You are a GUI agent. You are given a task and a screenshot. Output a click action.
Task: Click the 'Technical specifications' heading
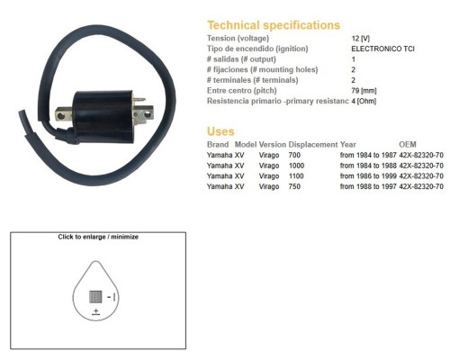click(x=274, y=25)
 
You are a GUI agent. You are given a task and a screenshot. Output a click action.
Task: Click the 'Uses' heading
click(x=220, y=131)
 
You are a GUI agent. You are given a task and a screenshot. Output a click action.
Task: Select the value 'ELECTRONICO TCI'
click(x=382, y=49)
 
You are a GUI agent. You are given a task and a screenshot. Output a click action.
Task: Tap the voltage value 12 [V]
click(x=361, y=39)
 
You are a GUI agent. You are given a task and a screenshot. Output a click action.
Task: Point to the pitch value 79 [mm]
click(x=364, y=90)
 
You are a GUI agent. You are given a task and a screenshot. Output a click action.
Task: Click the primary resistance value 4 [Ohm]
click(x=364, y=101)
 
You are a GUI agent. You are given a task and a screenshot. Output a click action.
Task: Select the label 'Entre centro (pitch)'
click(x=242, y=91)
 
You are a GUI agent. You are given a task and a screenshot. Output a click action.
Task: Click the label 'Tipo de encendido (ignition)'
click(x=257, y=49)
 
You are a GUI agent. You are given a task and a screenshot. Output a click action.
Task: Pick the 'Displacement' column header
click(x=313, y=145)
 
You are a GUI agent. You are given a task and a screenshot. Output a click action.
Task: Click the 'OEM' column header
click(x=408, y=145)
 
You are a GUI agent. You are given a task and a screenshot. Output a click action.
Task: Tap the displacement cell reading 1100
click(x=296, y=176)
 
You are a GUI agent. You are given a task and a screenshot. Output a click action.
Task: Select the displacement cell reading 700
click(x=294, y=155)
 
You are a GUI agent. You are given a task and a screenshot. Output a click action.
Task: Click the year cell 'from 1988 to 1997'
click(x=368, y=186)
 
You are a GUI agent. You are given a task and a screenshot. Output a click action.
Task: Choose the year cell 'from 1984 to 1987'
click(x=368, y=155)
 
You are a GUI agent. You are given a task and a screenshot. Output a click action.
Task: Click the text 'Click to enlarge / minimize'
click(x=98, y=237)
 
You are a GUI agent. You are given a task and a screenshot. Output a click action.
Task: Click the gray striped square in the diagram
click(x=95, y=297)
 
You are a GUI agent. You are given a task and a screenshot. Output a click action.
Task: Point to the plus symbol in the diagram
click(x=96, y=310)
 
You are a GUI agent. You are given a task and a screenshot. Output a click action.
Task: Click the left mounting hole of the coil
click(x=61, y=116)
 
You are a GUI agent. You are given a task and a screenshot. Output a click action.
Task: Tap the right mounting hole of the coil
click(x=147, y=114)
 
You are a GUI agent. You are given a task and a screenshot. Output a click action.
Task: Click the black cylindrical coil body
click(x=103, y=116)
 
